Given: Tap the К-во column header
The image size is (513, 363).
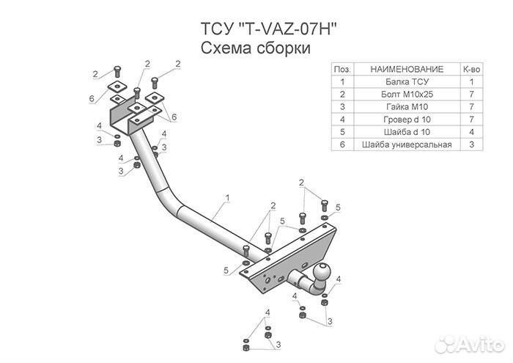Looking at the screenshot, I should pos(472,69).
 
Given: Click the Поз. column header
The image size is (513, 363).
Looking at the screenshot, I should pos(342,69).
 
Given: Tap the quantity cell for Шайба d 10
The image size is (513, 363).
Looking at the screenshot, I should pos(472,131).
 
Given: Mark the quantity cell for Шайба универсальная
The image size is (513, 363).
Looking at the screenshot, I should pos(472,144).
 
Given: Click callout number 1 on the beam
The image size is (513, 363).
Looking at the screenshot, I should pos(228,197).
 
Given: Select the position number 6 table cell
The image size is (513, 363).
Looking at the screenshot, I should pos(342,144).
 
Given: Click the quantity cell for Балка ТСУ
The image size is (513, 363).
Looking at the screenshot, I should pos(472,81).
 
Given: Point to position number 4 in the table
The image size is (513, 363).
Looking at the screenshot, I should pos(342,119).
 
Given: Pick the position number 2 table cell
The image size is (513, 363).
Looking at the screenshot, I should pos(342,94).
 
